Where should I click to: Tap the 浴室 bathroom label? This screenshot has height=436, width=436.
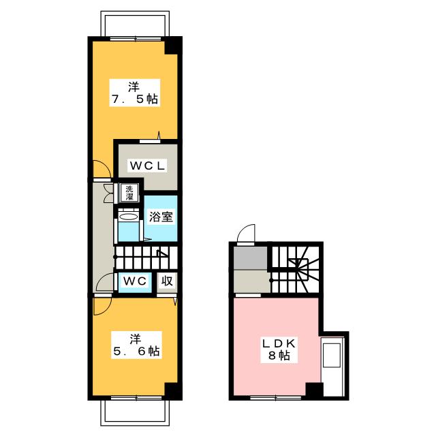161,218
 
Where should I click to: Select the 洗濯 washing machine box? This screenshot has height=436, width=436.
129,193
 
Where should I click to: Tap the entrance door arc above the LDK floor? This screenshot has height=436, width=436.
246,233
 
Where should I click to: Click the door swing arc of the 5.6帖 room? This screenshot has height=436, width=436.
100,306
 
